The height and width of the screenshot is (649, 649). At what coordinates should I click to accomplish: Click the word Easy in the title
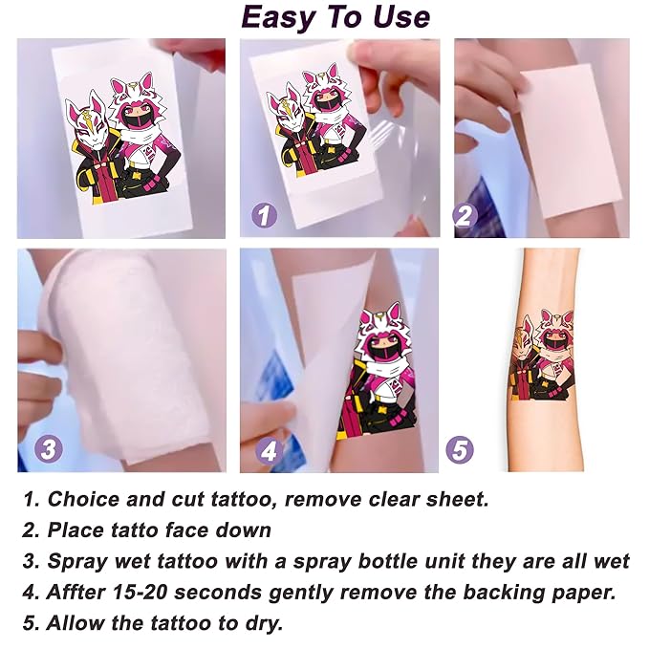click(x=277, y=18)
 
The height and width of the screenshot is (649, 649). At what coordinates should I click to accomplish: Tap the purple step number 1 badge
click(x=264, y=215)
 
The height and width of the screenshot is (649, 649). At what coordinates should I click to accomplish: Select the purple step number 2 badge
click(x=465, y=215)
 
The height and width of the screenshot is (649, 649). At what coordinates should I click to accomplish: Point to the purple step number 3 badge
click(x=49, y=449)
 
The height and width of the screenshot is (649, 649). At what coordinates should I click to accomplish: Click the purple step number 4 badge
click(x=269, y=450)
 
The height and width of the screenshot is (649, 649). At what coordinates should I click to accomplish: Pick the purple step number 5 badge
click(x=460, y=449)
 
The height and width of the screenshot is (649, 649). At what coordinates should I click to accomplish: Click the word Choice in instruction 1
click(x=83, y=499)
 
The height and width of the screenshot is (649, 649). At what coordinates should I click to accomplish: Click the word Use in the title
click(x=401, y=18)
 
